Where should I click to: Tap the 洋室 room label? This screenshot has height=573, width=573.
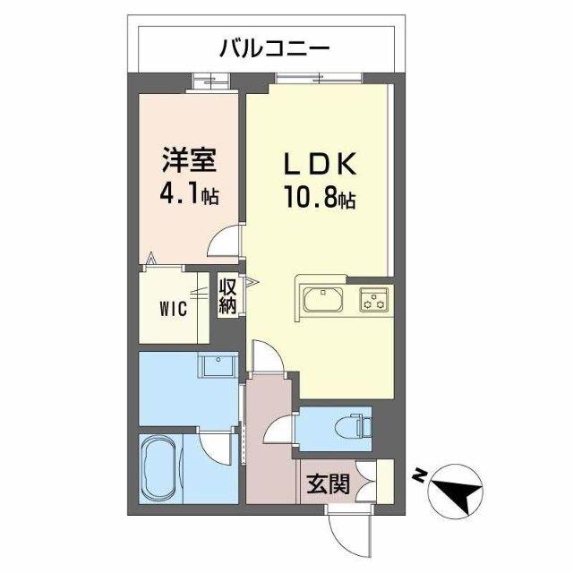click(189, 164)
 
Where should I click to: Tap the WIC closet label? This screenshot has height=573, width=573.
click(173, 310)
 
